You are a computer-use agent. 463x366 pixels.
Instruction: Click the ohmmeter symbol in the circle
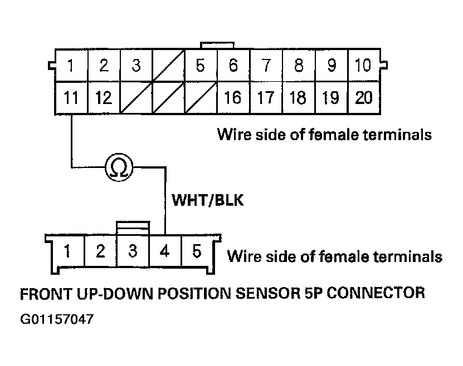[119, 166]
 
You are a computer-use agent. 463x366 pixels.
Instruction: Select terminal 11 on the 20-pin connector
[71, 98]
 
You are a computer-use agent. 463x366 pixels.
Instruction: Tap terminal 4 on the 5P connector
[165, 251]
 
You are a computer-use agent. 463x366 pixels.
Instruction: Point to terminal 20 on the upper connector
[363, 98]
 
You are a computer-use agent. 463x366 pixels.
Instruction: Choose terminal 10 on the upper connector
[363, 66]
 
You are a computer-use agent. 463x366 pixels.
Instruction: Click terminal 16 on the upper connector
[233, 98]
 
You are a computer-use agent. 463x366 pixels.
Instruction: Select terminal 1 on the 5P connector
[67, 251]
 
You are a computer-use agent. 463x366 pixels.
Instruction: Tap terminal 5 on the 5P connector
[197, 251]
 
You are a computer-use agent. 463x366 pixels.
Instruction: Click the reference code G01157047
[56, 320]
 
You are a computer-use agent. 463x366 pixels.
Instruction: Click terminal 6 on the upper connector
[233, 66]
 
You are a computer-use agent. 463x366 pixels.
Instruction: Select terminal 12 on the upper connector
[103, 98]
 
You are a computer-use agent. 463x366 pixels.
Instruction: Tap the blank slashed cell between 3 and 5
[168, 66]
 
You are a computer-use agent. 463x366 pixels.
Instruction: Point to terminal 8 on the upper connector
[298, 66]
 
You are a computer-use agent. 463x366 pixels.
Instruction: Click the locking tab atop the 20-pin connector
[217, 44]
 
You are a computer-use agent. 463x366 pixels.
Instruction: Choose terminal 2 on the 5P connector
[100, 251]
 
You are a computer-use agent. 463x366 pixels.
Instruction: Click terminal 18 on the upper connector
[298, 98]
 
